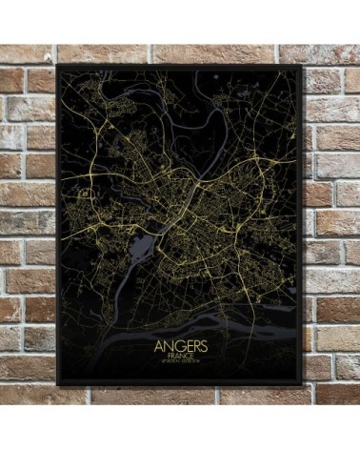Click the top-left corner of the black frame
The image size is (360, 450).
[58, 66]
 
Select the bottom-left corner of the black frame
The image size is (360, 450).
[57, 384]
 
